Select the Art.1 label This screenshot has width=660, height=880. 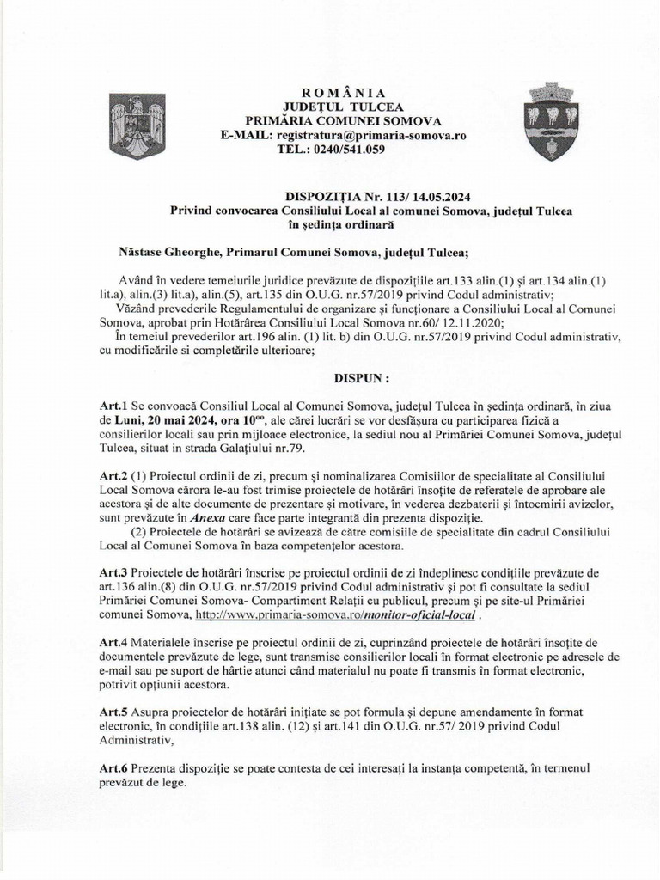(113, 405)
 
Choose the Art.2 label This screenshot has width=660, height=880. (113, 476)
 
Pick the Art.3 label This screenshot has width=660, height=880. (113, 573)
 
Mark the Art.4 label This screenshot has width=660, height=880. (113, 644)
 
